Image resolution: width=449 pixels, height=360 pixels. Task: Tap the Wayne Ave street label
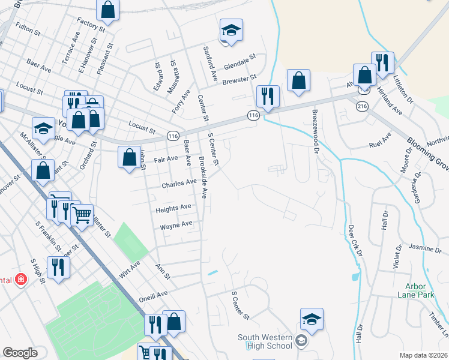coord(176,226)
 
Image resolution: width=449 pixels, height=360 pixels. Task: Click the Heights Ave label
coord(173,208)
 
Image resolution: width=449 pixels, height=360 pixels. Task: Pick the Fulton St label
coord(28,28)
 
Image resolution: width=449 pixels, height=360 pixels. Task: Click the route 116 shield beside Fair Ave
coord(172,136)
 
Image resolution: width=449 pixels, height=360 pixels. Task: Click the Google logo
coord(20,353)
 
